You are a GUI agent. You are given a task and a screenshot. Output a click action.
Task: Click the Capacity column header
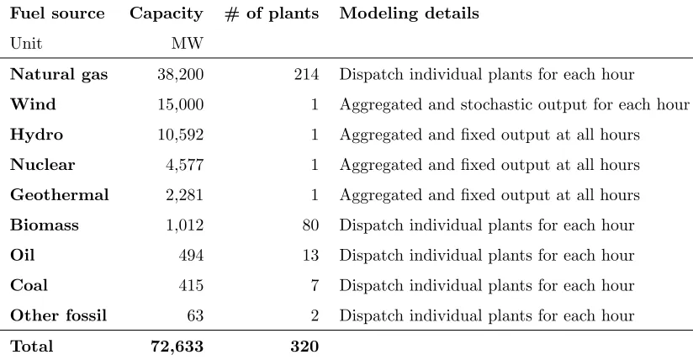(167, 14)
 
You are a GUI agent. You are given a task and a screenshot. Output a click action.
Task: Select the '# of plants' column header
(272, 14)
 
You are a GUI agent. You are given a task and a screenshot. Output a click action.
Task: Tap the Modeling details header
(409, 13)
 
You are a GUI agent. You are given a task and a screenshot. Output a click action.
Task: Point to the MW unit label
(188, 44)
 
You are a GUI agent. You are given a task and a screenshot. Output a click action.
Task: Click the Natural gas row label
(59, 75)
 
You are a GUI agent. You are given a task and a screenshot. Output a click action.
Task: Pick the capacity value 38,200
(180, 75)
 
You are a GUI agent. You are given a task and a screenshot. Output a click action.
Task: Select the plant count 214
(306, 74)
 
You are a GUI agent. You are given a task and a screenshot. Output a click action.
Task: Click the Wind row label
(33, 104)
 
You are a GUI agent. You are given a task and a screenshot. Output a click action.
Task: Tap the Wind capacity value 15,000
(180, 105)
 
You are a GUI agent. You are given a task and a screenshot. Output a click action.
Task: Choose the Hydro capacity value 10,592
(180, 135)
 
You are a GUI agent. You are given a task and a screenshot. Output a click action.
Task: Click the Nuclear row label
(42, 165)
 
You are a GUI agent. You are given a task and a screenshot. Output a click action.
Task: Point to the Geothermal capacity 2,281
(184, 195)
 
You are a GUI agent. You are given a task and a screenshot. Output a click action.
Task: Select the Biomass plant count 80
(310, 225)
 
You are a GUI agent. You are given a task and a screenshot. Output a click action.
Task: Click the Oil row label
(22, 255)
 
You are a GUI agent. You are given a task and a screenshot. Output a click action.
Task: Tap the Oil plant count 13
(310, 255)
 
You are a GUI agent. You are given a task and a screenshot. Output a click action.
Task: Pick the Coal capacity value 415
(191, 285)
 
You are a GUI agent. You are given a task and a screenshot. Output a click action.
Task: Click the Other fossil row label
(58, 315)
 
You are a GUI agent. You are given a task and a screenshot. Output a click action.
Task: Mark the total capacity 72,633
(177, 347)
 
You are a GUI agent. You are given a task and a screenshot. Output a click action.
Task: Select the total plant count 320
(304, 346)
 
